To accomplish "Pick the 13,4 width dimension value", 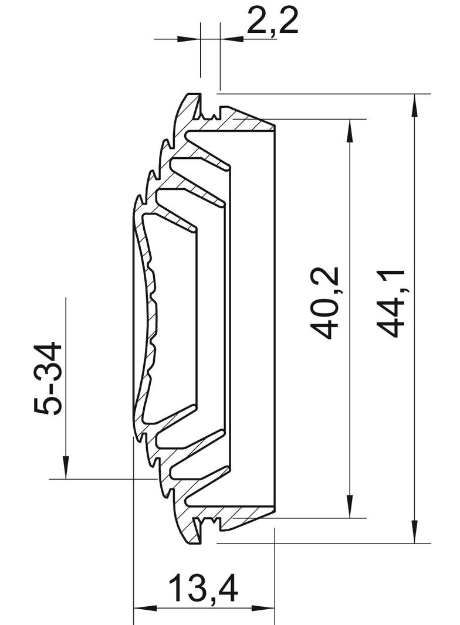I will [x=204, y=589].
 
